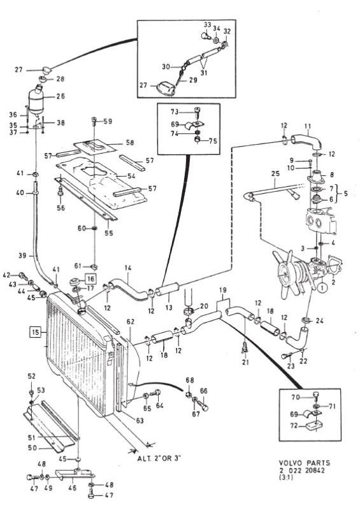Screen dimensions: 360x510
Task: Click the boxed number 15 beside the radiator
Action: pyautogui.click(x=35, y=332)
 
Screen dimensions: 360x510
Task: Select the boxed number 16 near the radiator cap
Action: pyautogui.click(x=90, y=279)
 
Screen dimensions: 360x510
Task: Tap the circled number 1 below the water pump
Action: pyautogui.click(x=321, y=288)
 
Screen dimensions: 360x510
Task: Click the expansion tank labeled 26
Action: pyautogui.click(x=38, y=100)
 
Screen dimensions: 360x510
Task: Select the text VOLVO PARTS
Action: pyautogui.click(x=304, y=463)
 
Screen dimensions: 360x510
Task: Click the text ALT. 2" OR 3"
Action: pyautogui.click(x=159, y=458)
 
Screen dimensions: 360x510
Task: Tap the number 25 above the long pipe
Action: pyautogui.click(x=275, y=173)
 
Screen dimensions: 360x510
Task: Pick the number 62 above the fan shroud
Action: pyautogui.click(x=131, y=321)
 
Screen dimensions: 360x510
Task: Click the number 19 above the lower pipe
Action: pyautogui.click(x=222, y=290)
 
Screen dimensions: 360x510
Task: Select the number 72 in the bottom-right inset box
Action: pyautogui.click(x=294, y=425)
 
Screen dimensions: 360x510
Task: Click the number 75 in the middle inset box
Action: pyautogui.click(x=213, y=141)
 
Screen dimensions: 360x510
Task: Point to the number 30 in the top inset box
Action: pyautogui.click(x=166, y=66)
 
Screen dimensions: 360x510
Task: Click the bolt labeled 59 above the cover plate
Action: pyautogui.click(x=94, y=122)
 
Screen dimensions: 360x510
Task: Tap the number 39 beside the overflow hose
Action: pyautogui.click(x=22, y=256)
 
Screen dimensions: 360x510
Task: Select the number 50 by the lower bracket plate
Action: pyautogui.click(x=32, y=448)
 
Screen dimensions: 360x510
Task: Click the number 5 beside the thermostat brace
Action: pyautogui.click(x=345, y=194)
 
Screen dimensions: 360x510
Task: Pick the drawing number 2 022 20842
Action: pyautogui.click(x=301, y=470)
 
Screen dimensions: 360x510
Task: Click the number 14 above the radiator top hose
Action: pyautogui.click(x=128, y=268)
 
